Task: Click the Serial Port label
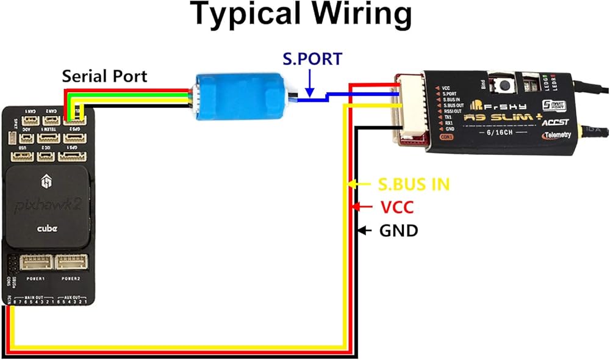tap(104, 76)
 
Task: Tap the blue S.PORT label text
tap(312, 59)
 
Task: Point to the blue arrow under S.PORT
tap(310, 82)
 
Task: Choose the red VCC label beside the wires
tap(397, 207)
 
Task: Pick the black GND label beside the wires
tap(399, 231)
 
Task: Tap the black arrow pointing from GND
tap(362, 231)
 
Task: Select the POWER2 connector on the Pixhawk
tap(72, 264)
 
